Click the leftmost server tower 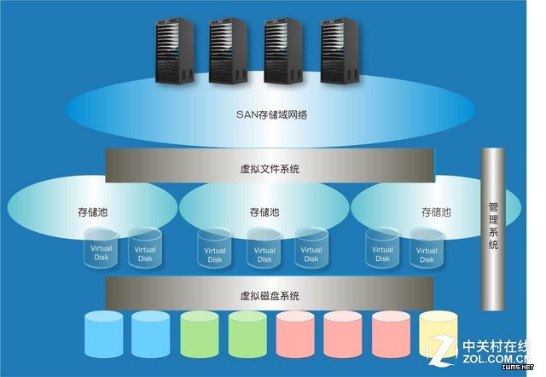click(174, 51)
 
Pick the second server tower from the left click(229, 51)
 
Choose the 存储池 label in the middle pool click(264, 211)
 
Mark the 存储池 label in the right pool click(436, 211)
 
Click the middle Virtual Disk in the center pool click(264, 249)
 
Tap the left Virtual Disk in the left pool click(102, 249)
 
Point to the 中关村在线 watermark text click(499, 346)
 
